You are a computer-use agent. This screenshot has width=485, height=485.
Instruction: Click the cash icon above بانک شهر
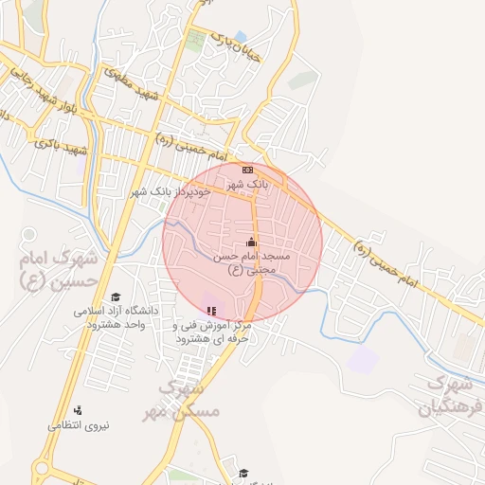pos(246,170)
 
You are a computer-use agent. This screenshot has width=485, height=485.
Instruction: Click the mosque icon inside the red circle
pos(251,241)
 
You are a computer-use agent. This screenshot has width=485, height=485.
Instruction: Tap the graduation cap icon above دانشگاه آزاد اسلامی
pos(116,296)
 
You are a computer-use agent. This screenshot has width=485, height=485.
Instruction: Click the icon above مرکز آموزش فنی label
pos(211,310)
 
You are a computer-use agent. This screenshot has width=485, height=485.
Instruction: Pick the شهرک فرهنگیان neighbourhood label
pos(449,395)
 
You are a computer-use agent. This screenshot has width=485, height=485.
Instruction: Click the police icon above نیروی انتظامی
pos(78,410)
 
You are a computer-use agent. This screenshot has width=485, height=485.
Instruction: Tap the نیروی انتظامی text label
pos(78,425)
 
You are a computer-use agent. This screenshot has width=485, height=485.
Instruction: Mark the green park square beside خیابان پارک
pos(196,41)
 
